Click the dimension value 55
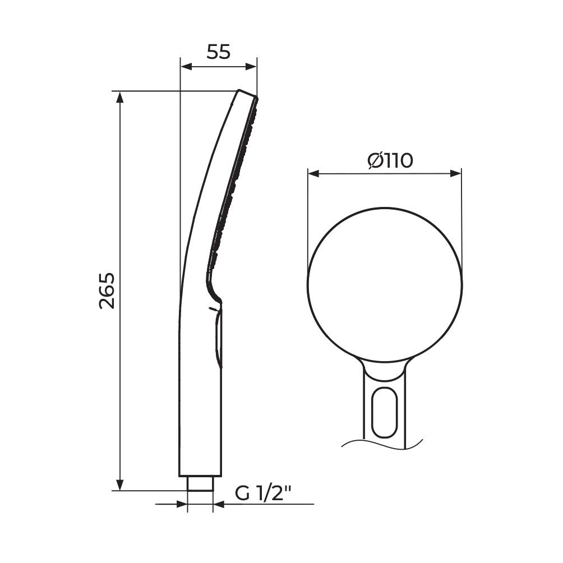[x=219, y=52]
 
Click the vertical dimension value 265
[x=107, y=290]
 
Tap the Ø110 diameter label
[x=390, y=161]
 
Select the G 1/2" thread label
[x=264, y=493]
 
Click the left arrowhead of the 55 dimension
[x=186, y=66]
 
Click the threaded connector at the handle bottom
[x=200, y=483]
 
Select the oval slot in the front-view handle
[x=385, y=412]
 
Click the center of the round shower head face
[x=385, y=285]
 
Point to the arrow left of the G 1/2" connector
[x=181, y=504]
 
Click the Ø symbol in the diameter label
[x=375, y=161]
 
